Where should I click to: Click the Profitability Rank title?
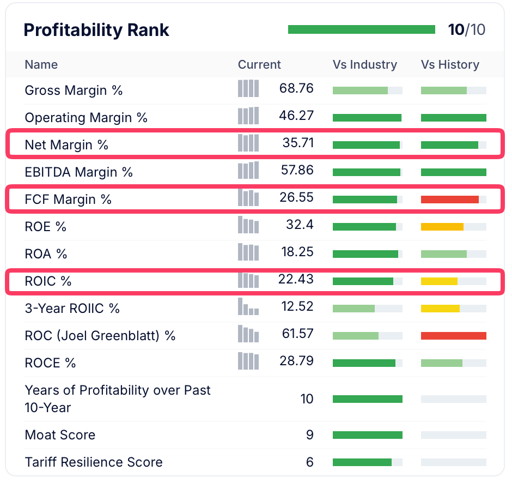pos(96,30)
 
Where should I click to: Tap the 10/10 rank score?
pos(466,29)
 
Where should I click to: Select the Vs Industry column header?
pos(364,65)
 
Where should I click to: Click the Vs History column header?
pos(450,65)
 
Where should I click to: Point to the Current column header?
pos(259,65)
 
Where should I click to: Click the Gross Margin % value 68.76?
pos(296,88)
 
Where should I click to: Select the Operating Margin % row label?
pos(86,118)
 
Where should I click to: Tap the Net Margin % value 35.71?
pos(298,143)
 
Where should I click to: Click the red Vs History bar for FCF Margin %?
pos(450,200)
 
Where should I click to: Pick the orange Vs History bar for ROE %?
pos(442,227)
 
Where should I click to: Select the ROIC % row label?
pos(48,281)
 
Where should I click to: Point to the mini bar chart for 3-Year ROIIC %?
pos(248,307)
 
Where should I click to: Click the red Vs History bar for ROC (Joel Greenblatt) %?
pos(453,336)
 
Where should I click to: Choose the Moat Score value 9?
pos(309,435)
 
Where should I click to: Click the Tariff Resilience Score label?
pos(94,462)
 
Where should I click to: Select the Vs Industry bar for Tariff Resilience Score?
pos(362,462)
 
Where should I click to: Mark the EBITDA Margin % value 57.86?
pos(297,170)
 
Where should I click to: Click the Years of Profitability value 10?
pos(307,399)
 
